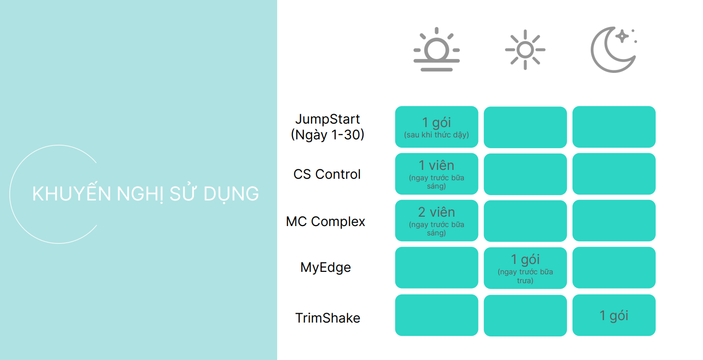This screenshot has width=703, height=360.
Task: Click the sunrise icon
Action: pyautogui.click(x=436, y=50)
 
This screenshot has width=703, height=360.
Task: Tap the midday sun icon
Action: pyautogui.click(x=525, y=50)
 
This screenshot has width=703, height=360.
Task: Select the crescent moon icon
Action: pyautogui.click(x=613, y=50)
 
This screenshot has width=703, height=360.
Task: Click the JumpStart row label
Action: pyautogui.click(x=327, y=119)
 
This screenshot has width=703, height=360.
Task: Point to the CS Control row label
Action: pyautogui.click(x=327, y=174)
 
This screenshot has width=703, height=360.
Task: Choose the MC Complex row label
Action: pyautogui.click(x=325, y=222)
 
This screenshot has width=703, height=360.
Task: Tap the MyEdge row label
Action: pyautogui.click(x=325, y=267)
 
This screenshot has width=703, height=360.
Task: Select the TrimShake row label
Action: pyautogui.click(x=327, y=318)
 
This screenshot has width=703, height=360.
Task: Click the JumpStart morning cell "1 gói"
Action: pyautogui.click(x=436, y=127)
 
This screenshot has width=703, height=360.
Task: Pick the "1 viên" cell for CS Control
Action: pyautogui.click(x=436, y=173)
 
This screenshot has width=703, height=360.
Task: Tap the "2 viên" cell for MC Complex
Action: pyautogui.click(x=436, y=220)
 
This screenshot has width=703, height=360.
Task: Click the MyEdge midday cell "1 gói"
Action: pyautogui.click(x=525, y=267)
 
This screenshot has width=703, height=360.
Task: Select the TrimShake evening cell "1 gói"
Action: pyautogui.click(x=613, y=315)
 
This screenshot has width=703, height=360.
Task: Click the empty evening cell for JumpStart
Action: pyautogui.click(x=613, y=127)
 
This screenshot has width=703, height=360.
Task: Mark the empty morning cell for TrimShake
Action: pyautogui.click(x=436, y=315)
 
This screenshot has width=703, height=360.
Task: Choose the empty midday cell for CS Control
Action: pyautogui.click(x=525, y=174)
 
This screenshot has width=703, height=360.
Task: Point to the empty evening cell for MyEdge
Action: pyautogui.click(x=613, y=267)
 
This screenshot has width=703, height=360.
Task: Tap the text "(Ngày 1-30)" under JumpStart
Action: pyautogui.click(x=327, y=134)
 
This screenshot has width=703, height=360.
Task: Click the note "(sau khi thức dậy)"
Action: pyautogui.click(x=436, y=135)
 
